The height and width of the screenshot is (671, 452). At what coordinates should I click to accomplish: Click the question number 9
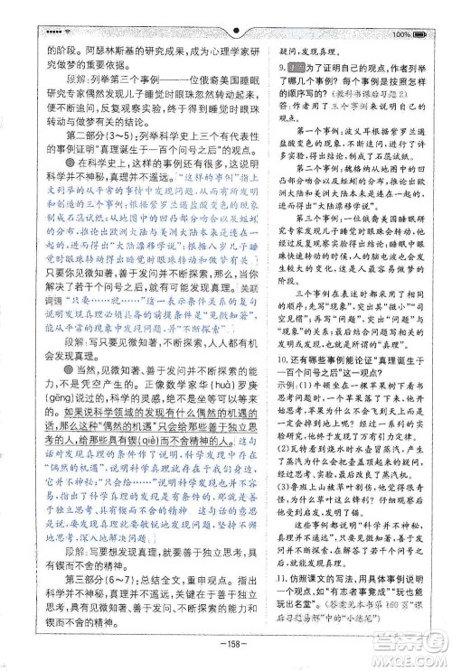(x=282, y=67)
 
